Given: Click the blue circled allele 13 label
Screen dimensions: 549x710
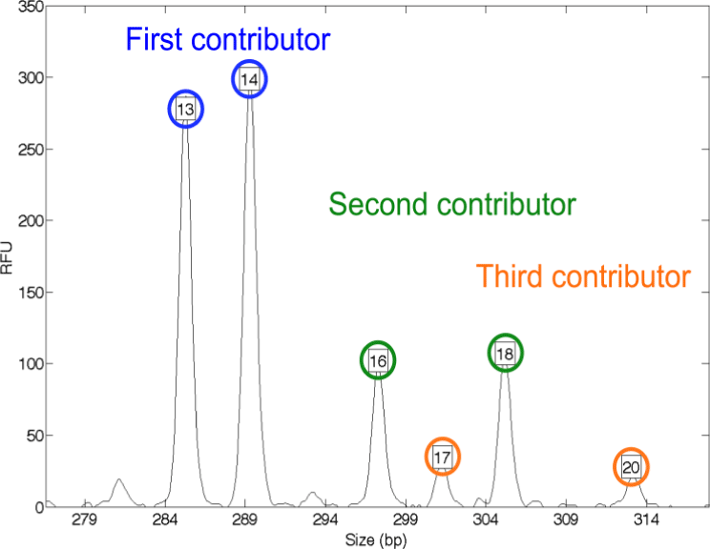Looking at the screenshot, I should (186, 111).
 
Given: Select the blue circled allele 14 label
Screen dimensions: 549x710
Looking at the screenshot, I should (249, 80).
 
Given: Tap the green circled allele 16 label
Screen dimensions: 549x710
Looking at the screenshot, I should (379, 360).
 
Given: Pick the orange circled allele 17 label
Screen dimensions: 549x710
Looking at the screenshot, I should (441, 457).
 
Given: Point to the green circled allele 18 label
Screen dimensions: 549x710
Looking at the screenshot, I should (506, 354).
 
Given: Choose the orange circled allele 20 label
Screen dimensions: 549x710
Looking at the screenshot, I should (630, 467).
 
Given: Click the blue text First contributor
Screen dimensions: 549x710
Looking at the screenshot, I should (228, 39).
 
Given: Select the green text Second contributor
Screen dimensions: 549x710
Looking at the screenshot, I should (451, 204).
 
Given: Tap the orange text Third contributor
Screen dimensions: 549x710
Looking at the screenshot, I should (583, 276).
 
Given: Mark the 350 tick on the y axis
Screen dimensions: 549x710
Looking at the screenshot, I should (30, 7).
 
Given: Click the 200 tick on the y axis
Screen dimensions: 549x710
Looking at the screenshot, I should (30, 220).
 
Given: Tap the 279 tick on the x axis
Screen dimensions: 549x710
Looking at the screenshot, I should (85, 520).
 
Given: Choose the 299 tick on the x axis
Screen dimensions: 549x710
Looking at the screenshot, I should (407, 520).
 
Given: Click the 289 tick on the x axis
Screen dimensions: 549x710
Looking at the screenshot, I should (245, 520).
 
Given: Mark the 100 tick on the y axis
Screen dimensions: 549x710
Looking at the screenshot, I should (30, 363).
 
